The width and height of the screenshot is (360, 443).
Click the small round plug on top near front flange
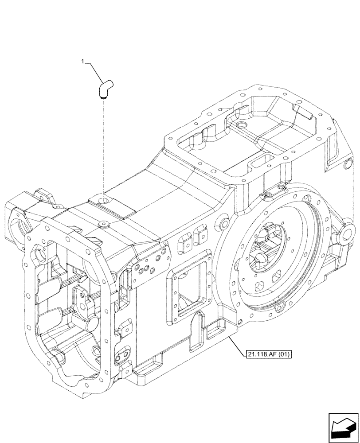click(x=103, y=224)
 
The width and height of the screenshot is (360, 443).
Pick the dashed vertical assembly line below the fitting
click(x=103, y=146)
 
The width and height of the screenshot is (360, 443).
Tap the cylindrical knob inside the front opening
click(x=90, y=324)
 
